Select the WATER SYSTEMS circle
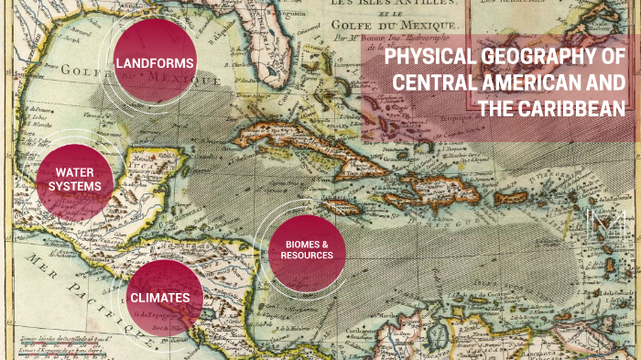(76, 180)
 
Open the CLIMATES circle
(159, 298)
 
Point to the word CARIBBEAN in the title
(571, 108)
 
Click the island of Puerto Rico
(511, 197)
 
